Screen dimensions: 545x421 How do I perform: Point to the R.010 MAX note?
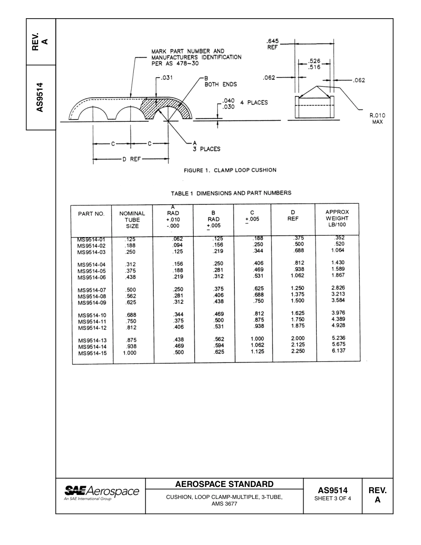point(377,118)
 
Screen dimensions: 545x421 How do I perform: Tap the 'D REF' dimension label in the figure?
point(131,160)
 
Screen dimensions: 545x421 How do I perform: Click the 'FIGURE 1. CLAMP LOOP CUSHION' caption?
point(230,170)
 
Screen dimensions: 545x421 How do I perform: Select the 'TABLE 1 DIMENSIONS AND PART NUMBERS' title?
point(231,193)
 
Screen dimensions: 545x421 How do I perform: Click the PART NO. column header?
point(91,214)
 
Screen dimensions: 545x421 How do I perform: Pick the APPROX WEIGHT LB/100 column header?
point(337,218)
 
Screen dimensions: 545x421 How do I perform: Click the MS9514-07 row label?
point(92,290)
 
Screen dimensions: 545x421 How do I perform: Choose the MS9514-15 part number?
point(92,354)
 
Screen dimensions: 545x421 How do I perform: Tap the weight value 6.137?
point(338,350)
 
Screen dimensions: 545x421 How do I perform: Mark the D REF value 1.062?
point(297,275)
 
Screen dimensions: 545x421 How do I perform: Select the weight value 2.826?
point(338,288)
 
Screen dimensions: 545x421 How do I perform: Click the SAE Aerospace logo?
point(101,492)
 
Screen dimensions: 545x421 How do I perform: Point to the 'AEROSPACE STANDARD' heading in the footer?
point(224,484)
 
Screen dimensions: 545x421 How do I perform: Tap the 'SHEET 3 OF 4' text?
point(332,498)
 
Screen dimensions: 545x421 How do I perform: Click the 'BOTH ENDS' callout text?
point(220,85)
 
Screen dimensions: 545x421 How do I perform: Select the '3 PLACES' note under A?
point(206,149)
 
